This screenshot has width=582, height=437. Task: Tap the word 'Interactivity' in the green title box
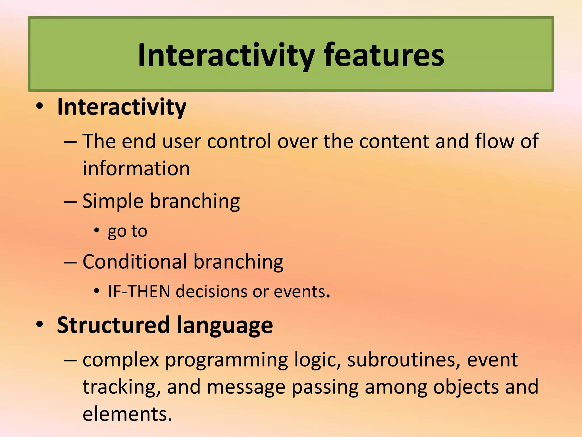pyautogui.click(x=226, y=56)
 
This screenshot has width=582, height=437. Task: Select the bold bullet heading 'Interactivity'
pyautogui.click(x=122, y=107)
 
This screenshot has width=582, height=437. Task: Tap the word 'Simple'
pyautogui.click(x=113, y=201)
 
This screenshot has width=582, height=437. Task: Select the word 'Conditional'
pyautogui.click(x=135, y=261)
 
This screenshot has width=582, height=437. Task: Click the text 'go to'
pyautogui.click(x=127, y=231)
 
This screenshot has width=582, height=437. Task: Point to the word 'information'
pyautogui.click(x=136, y=168)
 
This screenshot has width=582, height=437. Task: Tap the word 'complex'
pyautogui.click(x=120, y=360)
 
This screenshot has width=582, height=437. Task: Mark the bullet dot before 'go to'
pyautogui.click(x=97, y=230)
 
